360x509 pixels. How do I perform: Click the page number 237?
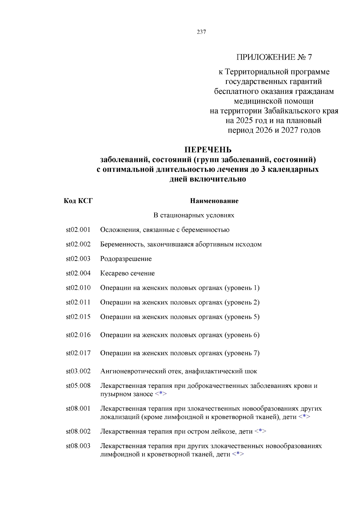coord(201,32)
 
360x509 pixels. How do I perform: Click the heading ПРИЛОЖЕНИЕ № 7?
coord(274,57)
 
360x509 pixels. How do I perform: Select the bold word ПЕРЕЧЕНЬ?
coord(208,150)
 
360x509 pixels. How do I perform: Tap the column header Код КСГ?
coord(78,201)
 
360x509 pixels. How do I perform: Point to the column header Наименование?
coord(214,201)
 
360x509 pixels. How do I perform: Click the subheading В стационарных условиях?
coord(194,215)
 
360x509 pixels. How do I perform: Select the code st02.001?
coord(78,230)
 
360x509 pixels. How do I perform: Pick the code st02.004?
coord(78,273)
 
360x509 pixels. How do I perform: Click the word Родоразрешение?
coord(126,259)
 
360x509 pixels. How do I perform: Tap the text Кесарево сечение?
coord(127,273)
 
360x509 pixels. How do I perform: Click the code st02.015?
coord(78,317)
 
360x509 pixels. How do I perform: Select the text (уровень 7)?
coord(242,353)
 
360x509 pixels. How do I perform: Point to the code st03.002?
coord(78,371)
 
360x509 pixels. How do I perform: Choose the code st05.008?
coord(78,386)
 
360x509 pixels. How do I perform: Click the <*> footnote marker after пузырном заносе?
coord(161,394)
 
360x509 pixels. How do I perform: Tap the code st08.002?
coord(78,431)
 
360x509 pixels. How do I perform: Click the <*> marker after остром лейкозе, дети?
coord(260,431)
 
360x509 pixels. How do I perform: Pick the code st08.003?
coord(78,446)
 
